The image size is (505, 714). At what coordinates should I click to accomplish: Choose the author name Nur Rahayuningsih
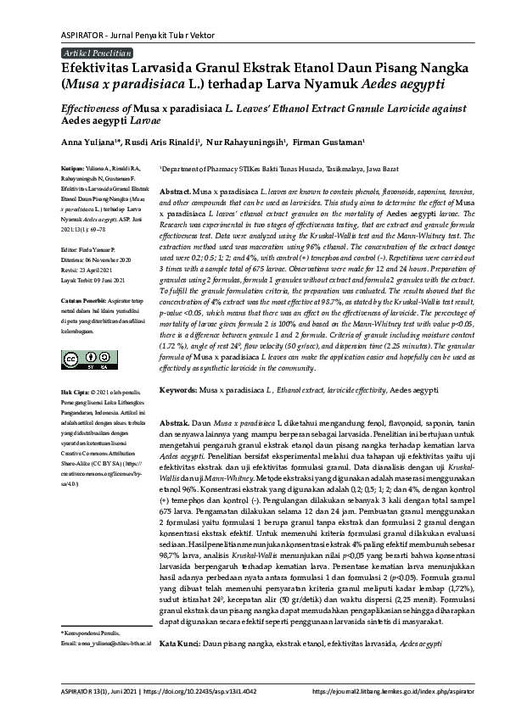coord(249,142)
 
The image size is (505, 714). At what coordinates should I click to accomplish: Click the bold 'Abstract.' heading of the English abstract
coord(175,192)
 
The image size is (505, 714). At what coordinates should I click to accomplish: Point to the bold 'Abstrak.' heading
coord(175,421)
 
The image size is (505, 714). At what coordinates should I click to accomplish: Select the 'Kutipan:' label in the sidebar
coord(72,169)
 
